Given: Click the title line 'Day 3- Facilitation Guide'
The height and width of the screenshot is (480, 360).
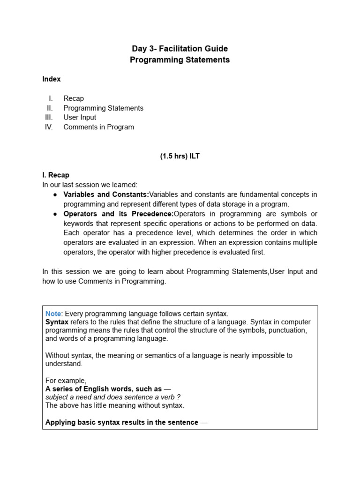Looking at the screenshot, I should click(180, 49).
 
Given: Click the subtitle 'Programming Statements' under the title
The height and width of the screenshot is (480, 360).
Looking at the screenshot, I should click(180, 60).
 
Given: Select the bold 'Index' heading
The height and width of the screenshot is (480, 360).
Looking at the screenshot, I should click(52, 79).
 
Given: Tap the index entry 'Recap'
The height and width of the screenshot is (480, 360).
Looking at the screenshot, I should click(74, 98).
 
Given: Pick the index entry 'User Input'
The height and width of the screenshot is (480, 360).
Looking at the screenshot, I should click(80, 117).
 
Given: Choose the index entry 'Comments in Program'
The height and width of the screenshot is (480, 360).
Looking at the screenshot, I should click(98, 127).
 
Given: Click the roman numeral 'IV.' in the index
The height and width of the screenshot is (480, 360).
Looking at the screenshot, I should click(49, 127).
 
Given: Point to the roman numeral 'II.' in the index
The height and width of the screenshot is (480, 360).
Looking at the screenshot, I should click(50, 108).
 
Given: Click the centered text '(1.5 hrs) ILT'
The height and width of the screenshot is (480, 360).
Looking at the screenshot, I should click(180, 157).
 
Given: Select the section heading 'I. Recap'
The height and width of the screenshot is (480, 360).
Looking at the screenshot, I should click(56, 175).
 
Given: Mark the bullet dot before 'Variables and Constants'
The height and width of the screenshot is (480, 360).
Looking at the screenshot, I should click(55, 195).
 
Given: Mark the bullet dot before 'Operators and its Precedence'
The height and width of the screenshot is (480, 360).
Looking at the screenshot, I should click(55, 214).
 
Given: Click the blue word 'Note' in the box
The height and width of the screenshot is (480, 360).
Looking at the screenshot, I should click(53, 313).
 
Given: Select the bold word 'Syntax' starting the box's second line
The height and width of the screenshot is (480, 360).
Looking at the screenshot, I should click(57, 322).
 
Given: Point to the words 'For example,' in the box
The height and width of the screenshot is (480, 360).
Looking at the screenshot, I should click(66, 380).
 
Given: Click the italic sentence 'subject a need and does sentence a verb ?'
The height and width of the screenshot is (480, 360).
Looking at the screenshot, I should click(113, 397).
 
